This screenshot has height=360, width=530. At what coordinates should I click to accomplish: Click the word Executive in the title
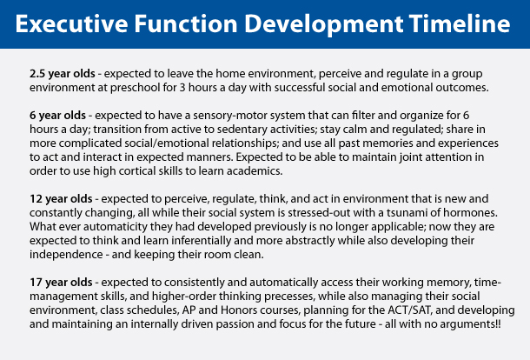71,23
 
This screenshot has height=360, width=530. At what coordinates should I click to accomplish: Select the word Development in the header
323,25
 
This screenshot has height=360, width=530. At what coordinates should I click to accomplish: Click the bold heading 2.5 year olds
63,74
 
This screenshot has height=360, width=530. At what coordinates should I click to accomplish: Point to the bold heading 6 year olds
57,116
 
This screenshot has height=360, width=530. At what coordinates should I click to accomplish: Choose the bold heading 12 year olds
61,198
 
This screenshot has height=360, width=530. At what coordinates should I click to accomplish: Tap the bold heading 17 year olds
61,283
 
